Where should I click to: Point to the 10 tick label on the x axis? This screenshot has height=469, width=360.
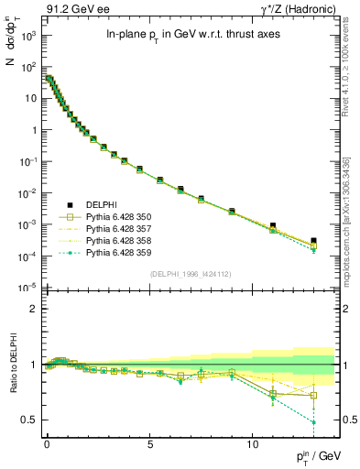249,442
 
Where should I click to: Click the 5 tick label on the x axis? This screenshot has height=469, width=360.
147,442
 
